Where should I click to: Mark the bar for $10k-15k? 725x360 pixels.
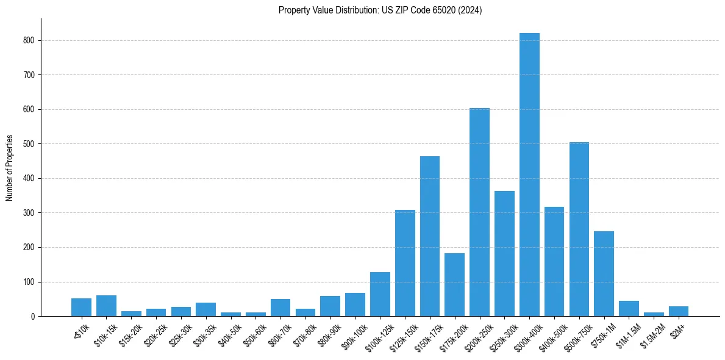pyautogui.click(x=106, y=306)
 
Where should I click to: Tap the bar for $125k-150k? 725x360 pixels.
pyautogui.click(x=405, y=263)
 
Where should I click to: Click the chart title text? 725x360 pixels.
pyautogui.click(x=380, y=10)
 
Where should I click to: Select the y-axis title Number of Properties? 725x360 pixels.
pyautogui.click(x=10, y=167)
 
